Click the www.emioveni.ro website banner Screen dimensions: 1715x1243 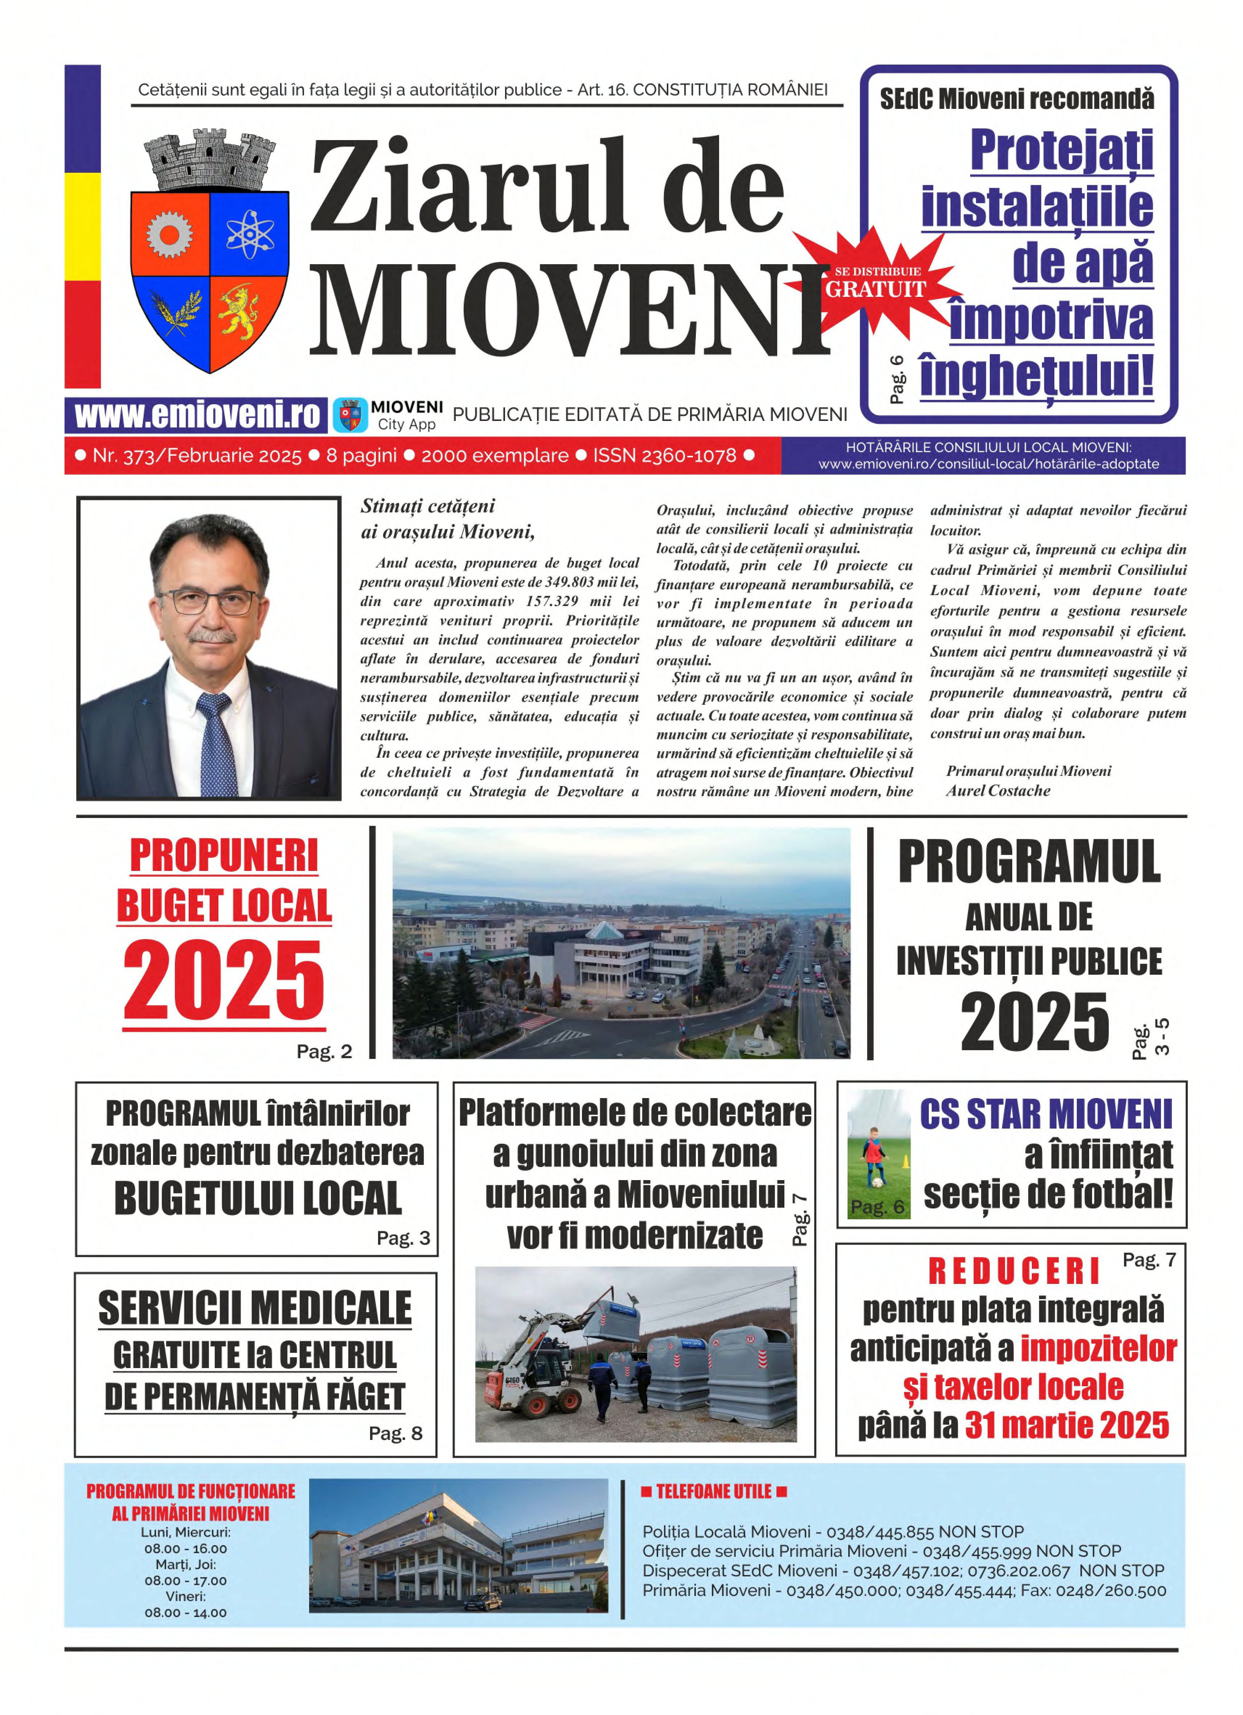tap(197, 415)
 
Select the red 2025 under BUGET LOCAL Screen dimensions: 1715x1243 tap(224, 981)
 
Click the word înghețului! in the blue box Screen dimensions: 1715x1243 tap(1036, 376)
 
